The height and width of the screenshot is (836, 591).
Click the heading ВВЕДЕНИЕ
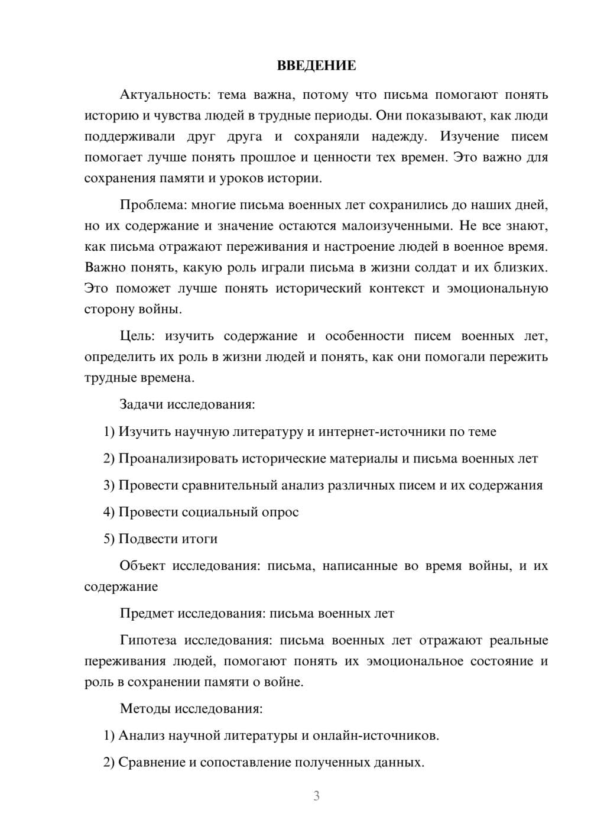click(316, 66)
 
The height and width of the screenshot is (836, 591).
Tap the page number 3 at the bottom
click(316, 796)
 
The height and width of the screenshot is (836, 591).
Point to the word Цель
click(137, 336)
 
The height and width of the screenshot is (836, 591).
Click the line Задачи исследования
click(187, 404)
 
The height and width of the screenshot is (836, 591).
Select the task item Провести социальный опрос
click(209, 512)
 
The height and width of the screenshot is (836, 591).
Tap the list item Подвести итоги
click(168, 539)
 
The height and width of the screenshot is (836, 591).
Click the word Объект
click(142, 566)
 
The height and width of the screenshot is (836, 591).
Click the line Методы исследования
click(191, 708)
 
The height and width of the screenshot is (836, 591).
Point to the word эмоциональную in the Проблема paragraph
click(497, 289)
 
